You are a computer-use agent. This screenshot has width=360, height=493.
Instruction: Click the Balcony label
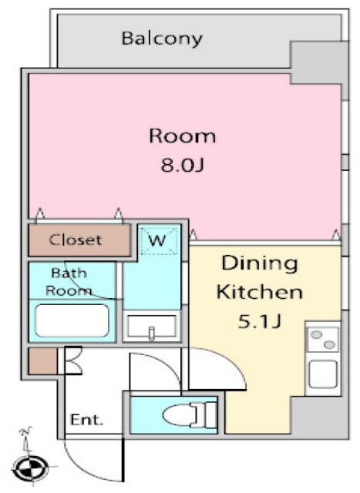(162, 39)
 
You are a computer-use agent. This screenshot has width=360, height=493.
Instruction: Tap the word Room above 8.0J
(183, 136)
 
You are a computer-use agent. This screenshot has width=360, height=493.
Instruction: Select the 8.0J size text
(183, 164)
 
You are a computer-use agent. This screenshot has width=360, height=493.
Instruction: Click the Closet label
(76, 240)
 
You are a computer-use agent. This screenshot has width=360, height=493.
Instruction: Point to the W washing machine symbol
(158, 240)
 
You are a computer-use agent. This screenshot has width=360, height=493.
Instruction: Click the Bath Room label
(69, 282)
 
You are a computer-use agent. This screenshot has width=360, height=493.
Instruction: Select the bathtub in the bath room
(72, 320)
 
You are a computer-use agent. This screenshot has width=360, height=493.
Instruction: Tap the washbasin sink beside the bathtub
(151, 327)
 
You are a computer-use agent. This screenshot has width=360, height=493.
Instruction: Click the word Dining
(260, 264)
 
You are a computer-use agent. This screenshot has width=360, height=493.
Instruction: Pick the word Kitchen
(260, 292)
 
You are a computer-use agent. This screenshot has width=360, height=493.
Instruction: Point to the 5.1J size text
(259, 321)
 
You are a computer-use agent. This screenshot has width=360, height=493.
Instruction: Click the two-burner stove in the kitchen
(323, 340)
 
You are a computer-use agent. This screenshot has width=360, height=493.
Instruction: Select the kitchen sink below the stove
(323, 374)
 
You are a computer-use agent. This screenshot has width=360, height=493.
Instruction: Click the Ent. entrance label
(86, 420)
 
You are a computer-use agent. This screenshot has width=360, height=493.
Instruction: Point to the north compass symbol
(30, 469)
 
